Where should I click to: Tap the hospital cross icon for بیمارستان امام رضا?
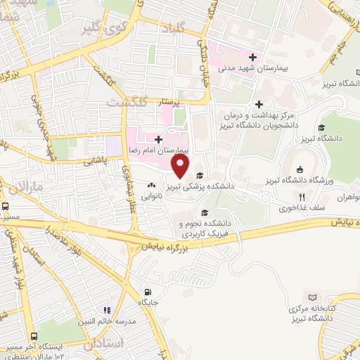coord(159,140)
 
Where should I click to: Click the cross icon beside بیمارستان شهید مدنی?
coord(253,57)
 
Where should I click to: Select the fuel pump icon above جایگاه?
coord(146,292)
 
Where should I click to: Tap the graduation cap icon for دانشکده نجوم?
coord(205,213)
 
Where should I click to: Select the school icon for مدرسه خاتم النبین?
coord(107,309)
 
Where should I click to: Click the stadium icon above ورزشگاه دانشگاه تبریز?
coord(300,169)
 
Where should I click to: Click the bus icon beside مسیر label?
coord(6,207)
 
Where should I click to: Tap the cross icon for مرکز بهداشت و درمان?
coord(259,104)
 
